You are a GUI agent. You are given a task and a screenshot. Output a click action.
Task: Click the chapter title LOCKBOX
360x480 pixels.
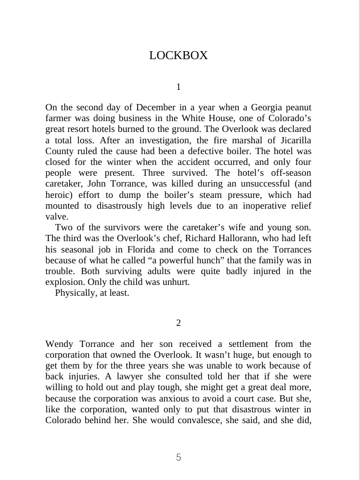pos(178,56)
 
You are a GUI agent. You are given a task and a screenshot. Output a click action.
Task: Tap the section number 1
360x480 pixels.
pos(179,87)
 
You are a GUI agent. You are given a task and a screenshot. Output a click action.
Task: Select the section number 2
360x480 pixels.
pos(179,323)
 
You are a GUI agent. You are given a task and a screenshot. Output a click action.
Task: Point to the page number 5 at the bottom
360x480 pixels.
pos(179,457)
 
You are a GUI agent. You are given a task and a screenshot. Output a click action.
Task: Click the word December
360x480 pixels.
pos(155,107)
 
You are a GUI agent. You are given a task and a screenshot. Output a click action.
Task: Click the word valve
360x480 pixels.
pos(57,217)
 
